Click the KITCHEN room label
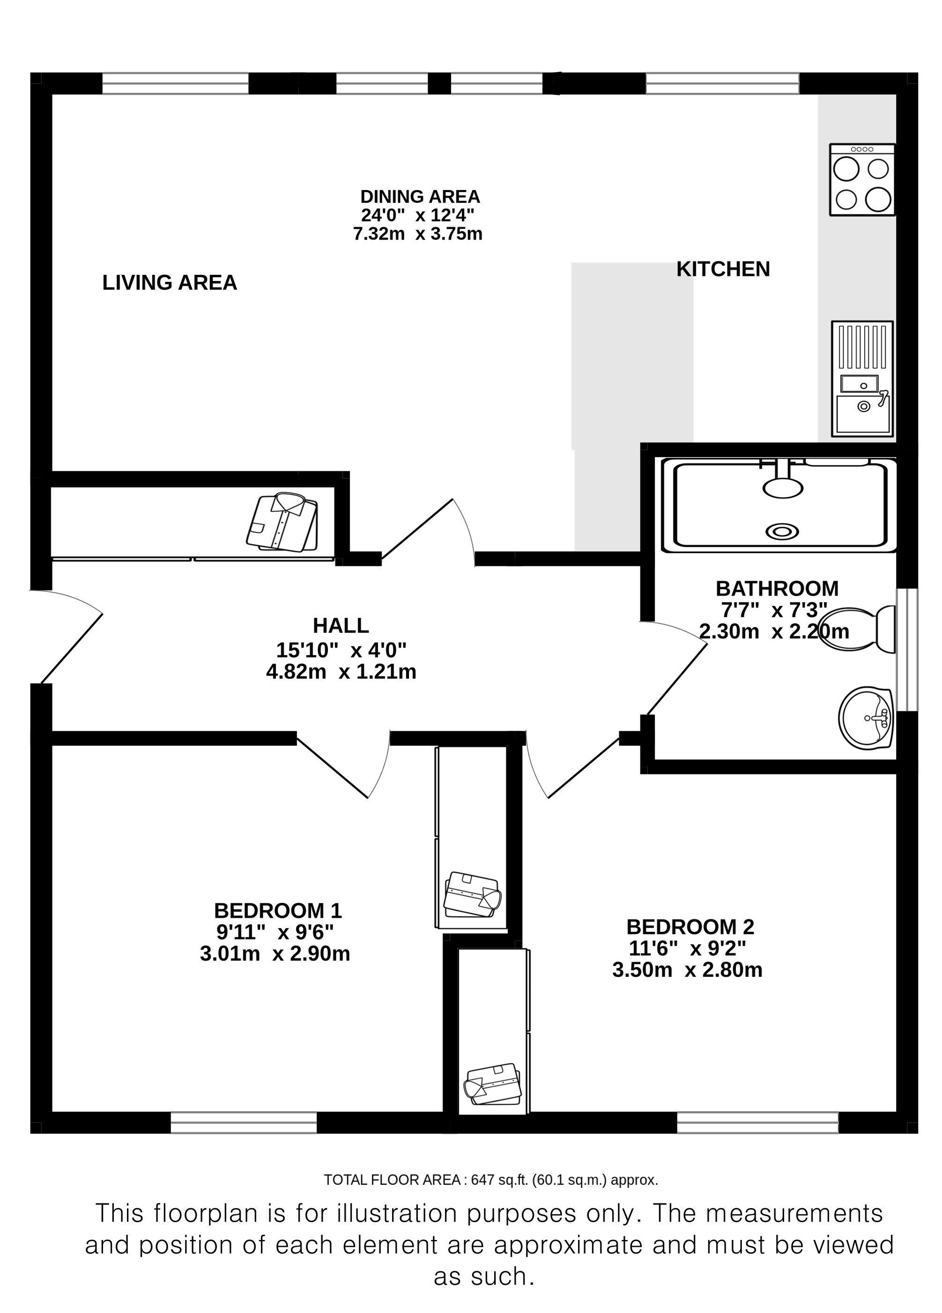point(723,269)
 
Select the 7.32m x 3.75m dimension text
point(417,234)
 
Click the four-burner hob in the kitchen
point(862,180)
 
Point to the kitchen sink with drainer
point(862,379)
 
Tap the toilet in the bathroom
point(858,630)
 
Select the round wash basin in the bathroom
point(866,718)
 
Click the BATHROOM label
point(777,588)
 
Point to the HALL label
point(341,625)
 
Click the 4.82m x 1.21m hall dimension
point(341,671)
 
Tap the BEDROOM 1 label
point(278,911)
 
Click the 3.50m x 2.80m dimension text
point(687,970)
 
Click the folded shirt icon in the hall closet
point(282,522)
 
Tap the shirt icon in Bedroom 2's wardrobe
point(493,1084)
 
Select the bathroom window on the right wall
point(907,649)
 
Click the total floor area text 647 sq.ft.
point(491,1176)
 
